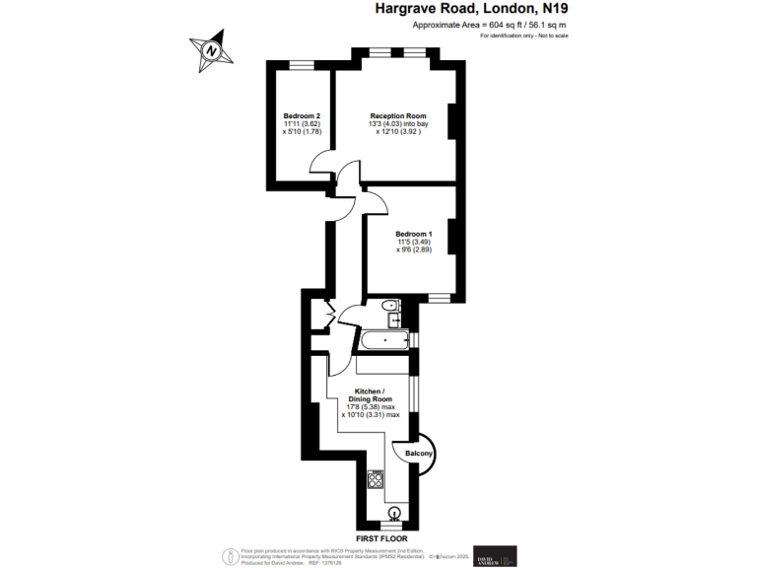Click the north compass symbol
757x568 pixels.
pos(208,49)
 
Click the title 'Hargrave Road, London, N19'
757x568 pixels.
pos(471,9)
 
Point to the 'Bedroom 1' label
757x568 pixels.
pos(414,234)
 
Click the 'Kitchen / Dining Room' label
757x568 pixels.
pos(370,392)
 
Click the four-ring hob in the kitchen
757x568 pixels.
pos(375,480)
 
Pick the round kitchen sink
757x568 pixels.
pos(395,512)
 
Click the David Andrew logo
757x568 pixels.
pos(494,556)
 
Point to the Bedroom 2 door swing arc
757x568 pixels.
pos(322,166)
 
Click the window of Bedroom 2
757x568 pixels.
pos(302,64)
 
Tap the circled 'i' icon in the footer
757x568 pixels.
pos(232,555)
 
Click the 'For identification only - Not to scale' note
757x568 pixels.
pos(524,35)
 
